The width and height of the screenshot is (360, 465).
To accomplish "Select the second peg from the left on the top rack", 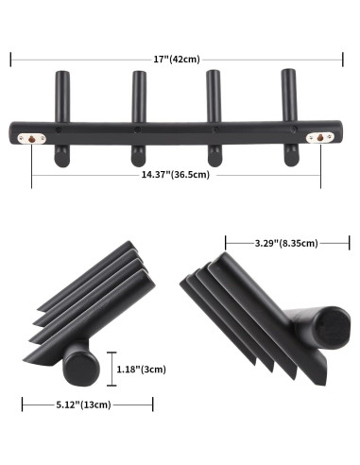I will coord(138,95).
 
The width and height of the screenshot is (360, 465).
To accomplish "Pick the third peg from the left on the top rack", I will coord(213,95).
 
